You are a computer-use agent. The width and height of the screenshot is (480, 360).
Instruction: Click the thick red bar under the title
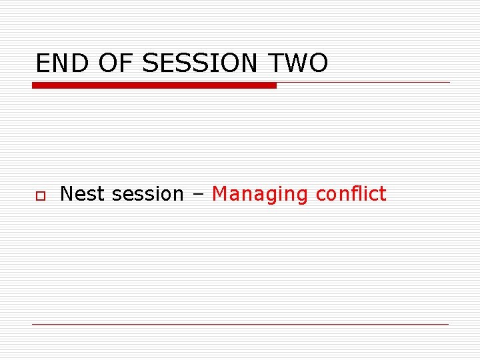[154, 85]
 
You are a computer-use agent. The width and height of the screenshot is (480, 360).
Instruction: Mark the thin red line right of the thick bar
[363, 83]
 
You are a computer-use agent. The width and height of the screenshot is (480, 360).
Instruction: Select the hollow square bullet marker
[41, 195]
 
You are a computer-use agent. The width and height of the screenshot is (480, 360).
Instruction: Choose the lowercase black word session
[147, 194]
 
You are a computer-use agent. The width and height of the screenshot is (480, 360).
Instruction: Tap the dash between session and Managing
[198, 195]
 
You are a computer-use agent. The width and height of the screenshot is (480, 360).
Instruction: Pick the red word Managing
[260, 194]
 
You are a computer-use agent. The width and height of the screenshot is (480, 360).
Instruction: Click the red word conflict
[351, 194]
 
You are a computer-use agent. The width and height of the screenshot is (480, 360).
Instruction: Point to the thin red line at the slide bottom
[240, 324]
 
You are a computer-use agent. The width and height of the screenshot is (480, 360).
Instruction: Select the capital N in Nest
[67, 194]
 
